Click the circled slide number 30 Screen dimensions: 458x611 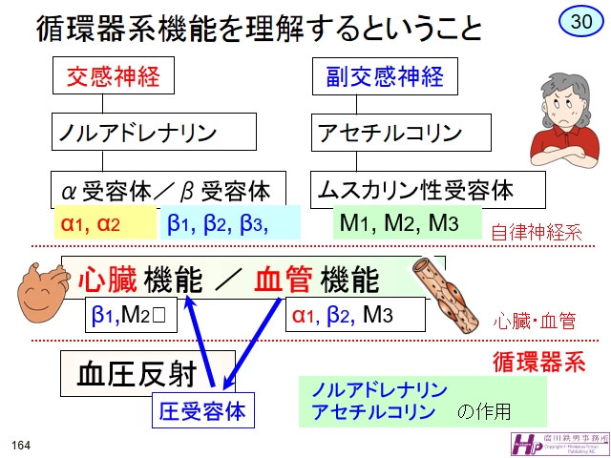click(x=579, y=20)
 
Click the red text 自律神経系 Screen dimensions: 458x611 click(x=536, y=232)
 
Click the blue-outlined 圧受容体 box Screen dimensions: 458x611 click(x=201, y=411)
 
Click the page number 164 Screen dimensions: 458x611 click(x=21, y=445)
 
